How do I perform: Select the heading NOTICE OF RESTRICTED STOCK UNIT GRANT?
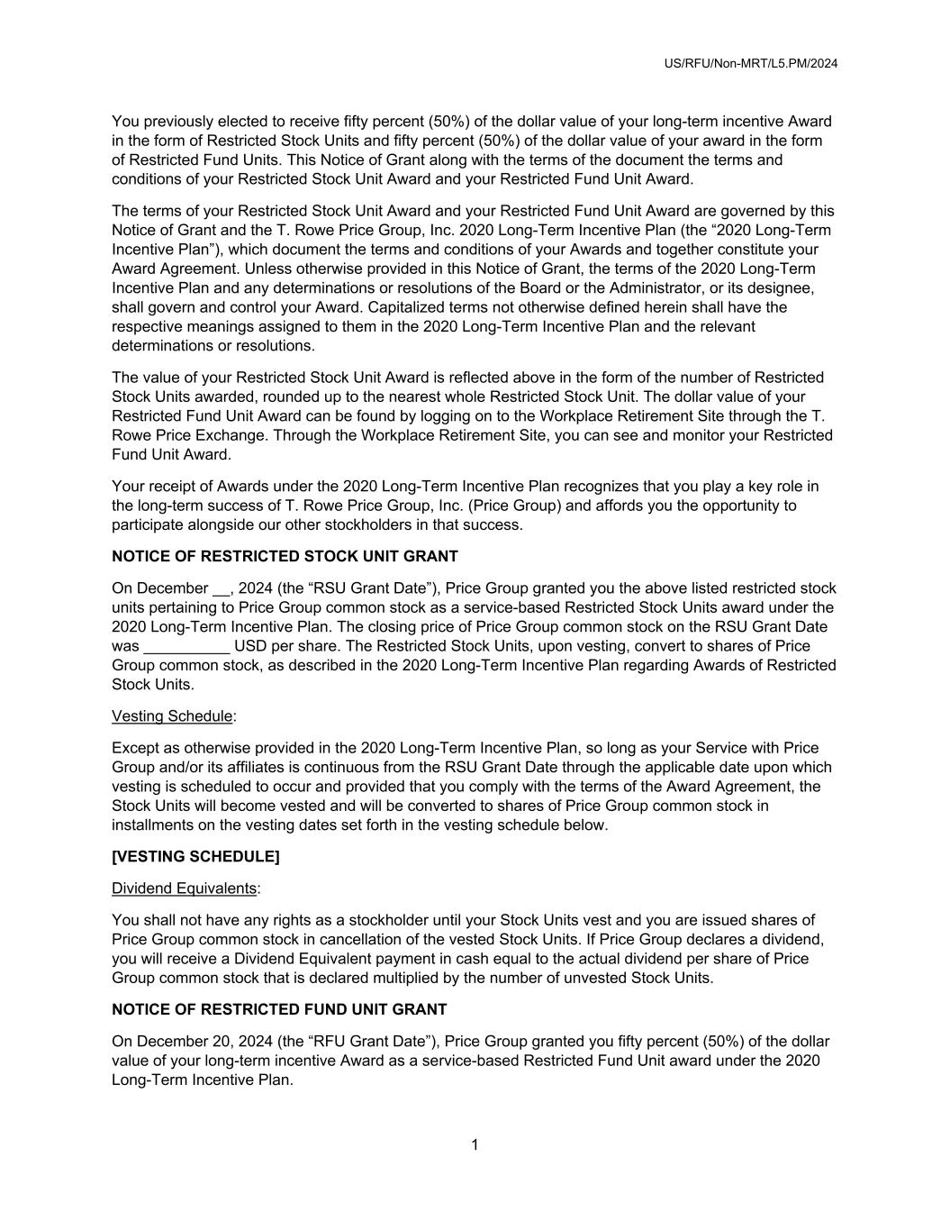click(x=285, y=557)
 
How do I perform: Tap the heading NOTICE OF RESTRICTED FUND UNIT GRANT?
click(x=279, y=1009)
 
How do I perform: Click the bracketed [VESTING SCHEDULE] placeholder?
click(x=195, y=857)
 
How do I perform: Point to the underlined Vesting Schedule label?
click(x=172, y=716)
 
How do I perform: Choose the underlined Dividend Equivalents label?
click(x=184, y=888)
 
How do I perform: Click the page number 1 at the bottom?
click(x=475, y=1145)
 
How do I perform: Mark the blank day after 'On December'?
click(x=222, y=589)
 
